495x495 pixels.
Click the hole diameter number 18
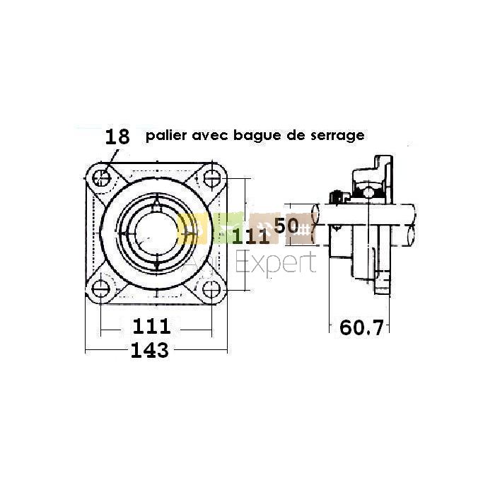point(117,136)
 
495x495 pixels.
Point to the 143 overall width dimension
point(150,350)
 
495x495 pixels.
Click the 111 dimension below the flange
point(151,326)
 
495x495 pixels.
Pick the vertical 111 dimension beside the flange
point(251,236)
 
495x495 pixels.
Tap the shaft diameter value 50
point(286,225)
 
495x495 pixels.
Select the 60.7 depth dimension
point(361,327)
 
